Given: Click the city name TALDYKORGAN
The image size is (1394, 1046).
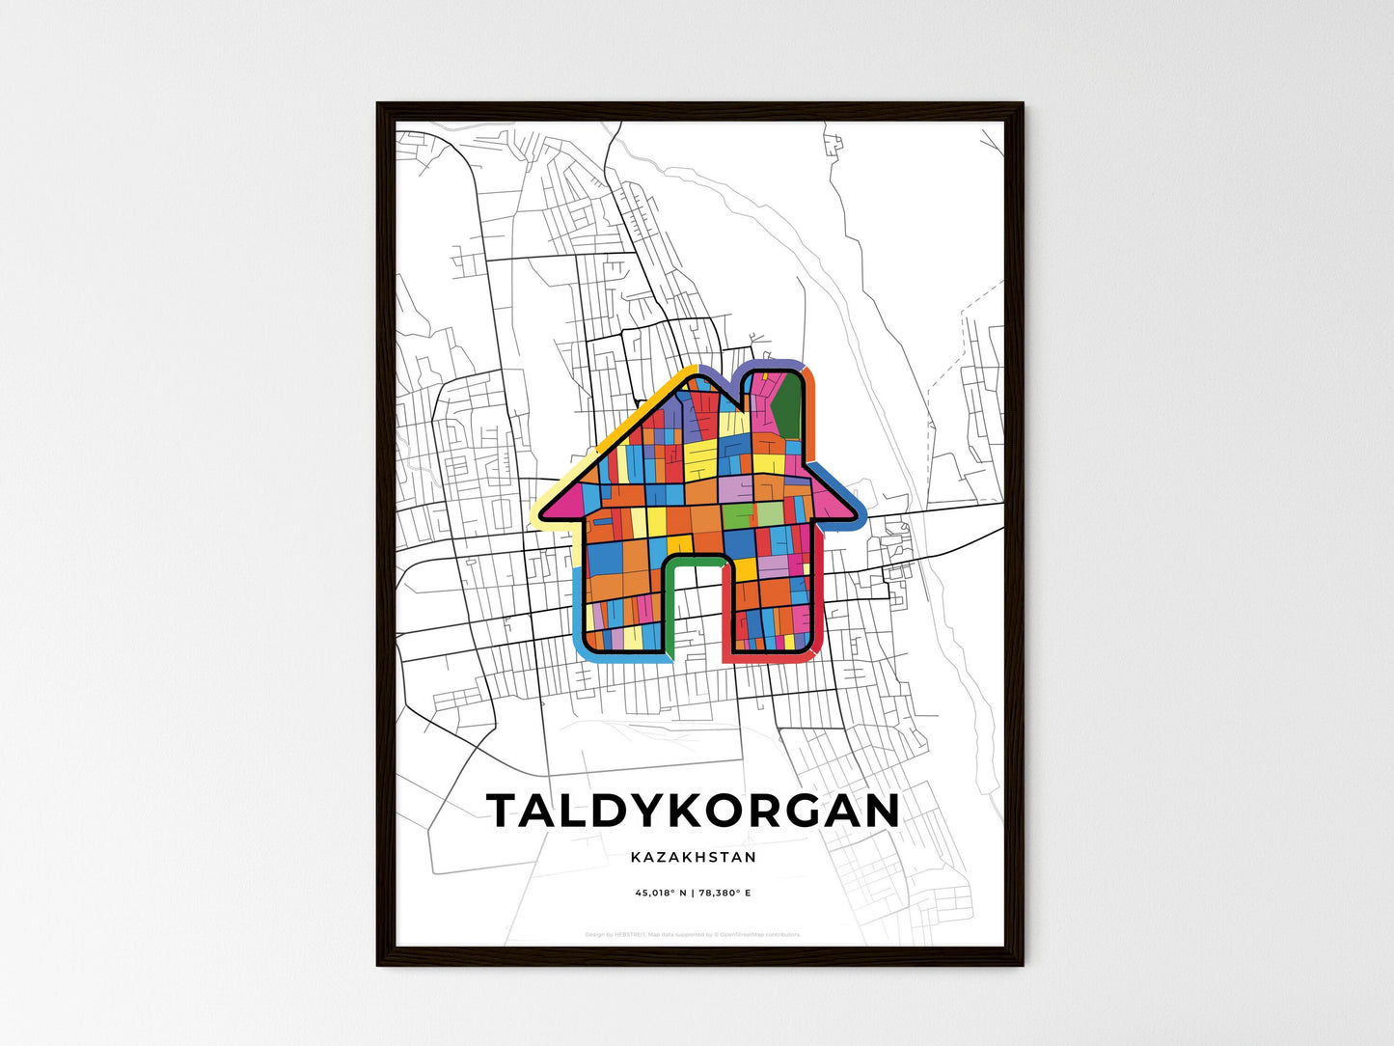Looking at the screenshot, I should click(x=693, y=812).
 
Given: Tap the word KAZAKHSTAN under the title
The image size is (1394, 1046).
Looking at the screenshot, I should click(x=693, y=857).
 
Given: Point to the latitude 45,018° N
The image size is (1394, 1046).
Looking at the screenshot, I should click(x=661, y=894).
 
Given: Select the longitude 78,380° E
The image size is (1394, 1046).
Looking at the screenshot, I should click(x=724, y=894).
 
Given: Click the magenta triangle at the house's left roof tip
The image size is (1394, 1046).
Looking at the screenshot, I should click(x=567, y=499).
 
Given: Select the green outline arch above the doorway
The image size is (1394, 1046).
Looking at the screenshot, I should click(x=693, y=560).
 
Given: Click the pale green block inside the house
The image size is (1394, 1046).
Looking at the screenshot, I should click(x=769, y=512).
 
